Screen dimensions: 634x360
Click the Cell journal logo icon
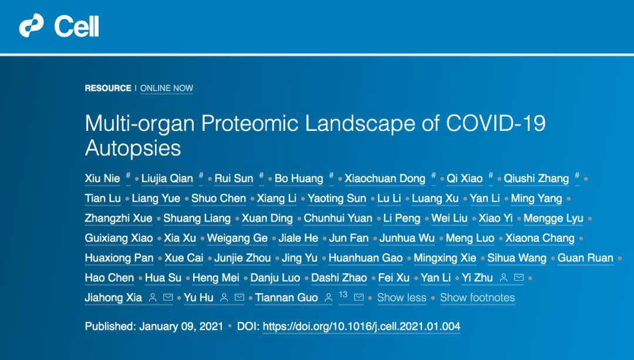point(31,25)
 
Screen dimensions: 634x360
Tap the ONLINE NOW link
point(167,88)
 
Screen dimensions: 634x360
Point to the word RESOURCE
point(108,88)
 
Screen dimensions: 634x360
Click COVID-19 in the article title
point(495,123)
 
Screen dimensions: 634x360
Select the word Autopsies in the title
point(133,148)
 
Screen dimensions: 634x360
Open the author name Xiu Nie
point(102,179)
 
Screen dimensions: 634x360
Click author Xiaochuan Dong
point(385,179)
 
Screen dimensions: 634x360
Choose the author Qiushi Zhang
point(536,179)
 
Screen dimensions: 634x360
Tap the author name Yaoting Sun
point(337,198)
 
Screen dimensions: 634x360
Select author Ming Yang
point(536,198)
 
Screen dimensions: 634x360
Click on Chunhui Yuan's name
point(338,218)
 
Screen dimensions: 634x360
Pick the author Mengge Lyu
point(554,218)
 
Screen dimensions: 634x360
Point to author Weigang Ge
point(237,238)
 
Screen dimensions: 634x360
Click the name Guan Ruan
point(585,258)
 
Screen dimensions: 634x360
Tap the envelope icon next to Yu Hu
point(240,298)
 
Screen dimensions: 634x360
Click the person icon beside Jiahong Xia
point(153,298)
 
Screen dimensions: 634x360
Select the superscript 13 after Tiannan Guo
point(343,294)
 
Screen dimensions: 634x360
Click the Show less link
point(402,298)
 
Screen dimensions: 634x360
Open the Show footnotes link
point(477,298)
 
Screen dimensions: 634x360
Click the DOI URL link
point(362,327)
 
